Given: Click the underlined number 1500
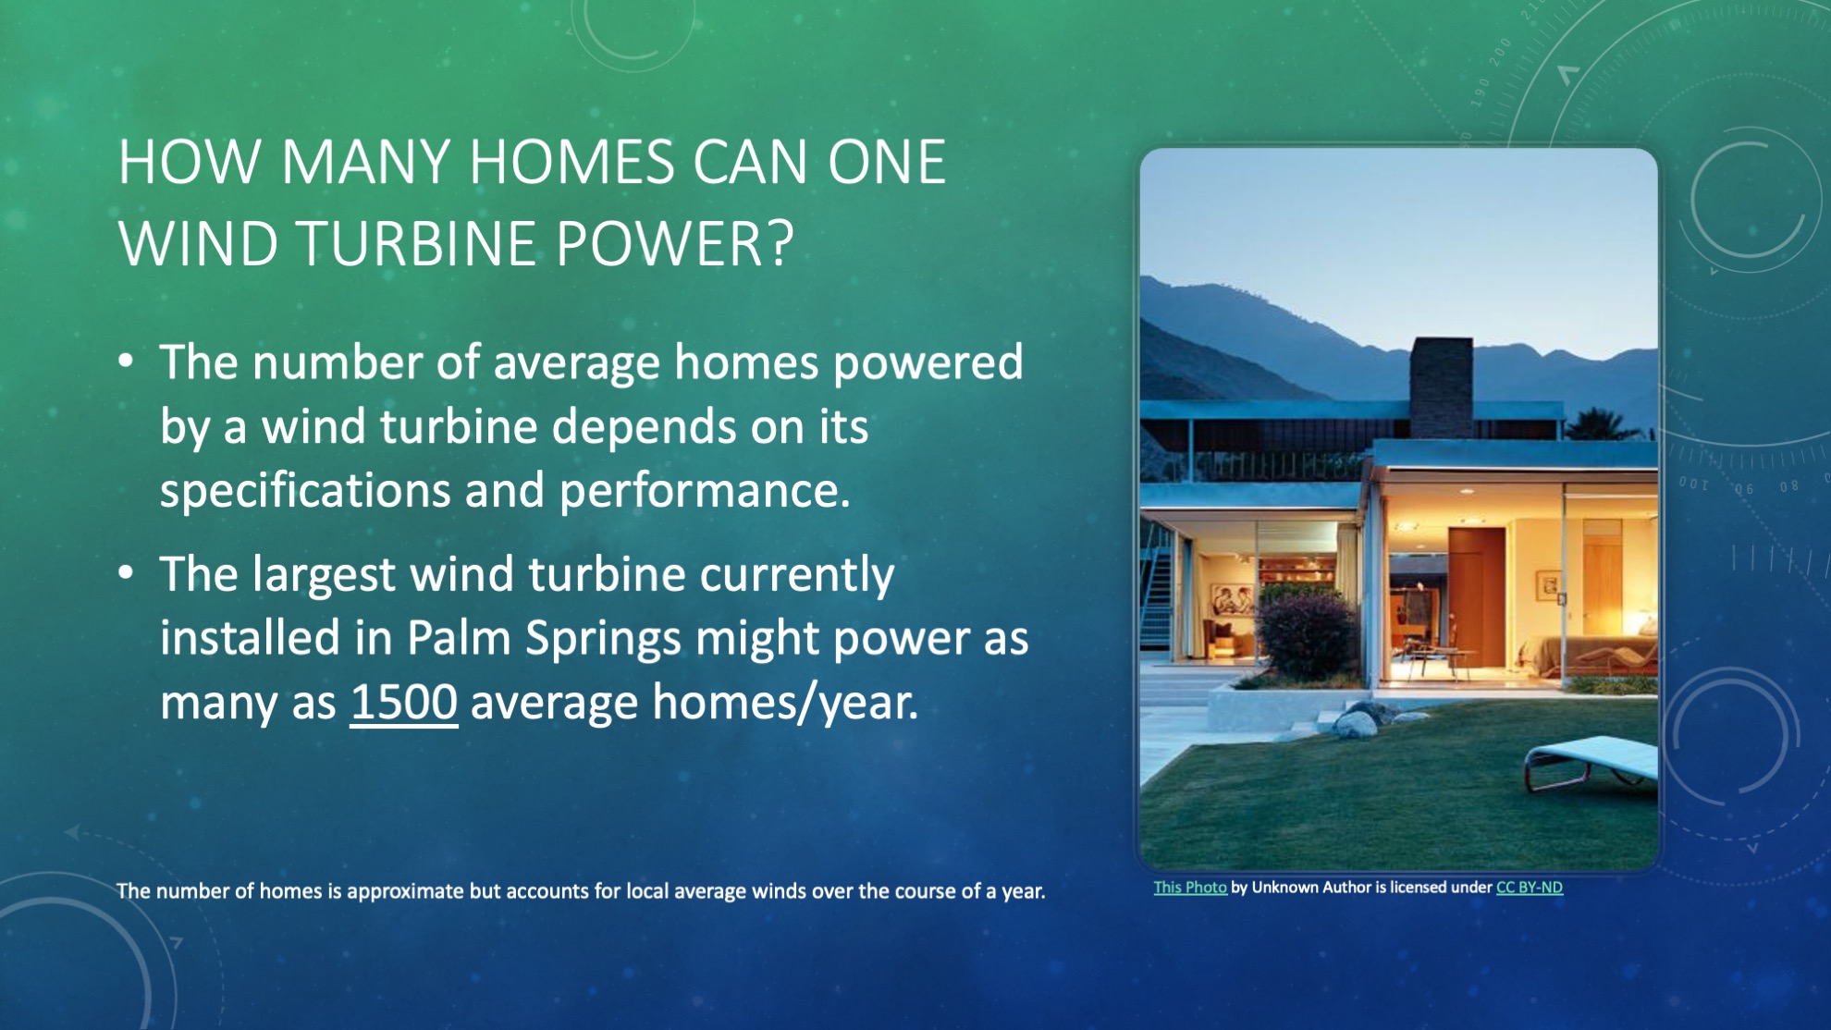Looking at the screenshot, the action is click(x=404, y=702).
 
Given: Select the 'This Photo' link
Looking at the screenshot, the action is click(x=1190, y=888).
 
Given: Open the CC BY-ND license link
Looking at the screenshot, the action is click(x=1530, y=888).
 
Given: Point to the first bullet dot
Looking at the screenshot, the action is click(x=127, y=362).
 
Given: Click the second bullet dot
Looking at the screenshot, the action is click(x=127, y=573).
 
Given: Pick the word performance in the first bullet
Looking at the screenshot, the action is click(x=704, y=491).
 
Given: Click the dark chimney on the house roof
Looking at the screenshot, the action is click(x=1441, y=387).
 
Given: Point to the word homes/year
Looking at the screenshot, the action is click(x=786, y=704).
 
